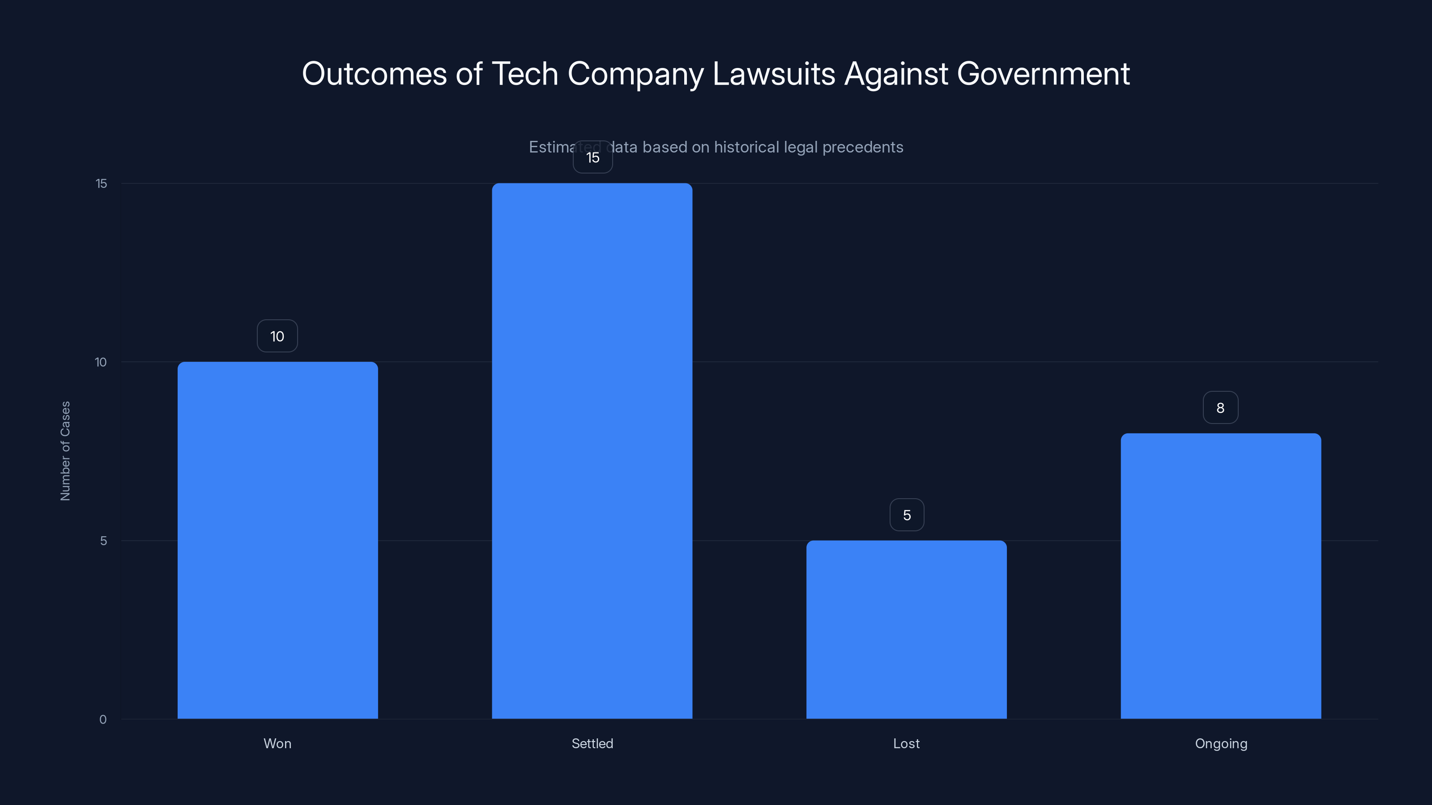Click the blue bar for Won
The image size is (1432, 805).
pyautogui.click(x=277, y=540)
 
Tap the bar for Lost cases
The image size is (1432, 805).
pyautogui.click(x=906, y=629)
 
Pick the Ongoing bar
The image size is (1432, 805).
pyautogui.click(x=1221, y=576)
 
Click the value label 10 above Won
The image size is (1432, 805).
pyautogui.click(x=277, y=336)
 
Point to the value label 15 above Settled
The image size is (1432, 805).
pyautogui.click(x=592, y=158)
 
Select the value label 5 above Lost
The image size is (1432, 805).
pyautogui.click(x=907, y=515)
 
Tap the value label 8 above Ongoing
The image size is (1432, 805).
pyautogui.click(x=1220, y=408)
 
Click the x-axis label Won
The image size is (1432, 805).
pyautogui.click(x=277, y=743)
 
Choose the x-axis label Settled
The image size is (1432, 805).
pyautogui.click(x=592, y=743)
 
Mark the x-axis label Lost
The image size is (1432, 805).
pyautogui.click(x=906, y=743)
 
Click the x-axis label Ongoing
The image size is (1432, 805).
pyautogui.click(x=1221, y=743)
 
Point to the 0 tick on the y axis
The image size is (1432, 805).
pyautogui.click(x=103, y=720)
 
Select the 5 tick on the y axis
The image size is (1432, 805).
pyautogui.click(x=103, y=541)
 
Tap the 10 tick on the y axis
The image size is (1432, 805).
pyautogui.click(x=101, y=362)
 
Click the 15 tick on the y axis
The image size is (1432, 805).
pyautogui.click(x=101, y=183)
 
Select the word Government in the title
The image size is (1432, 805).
pyautogui.click(x=1043, y=74)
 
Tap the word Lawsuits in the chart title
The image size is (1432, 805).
pyautogui.click(x=773, y=74)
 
